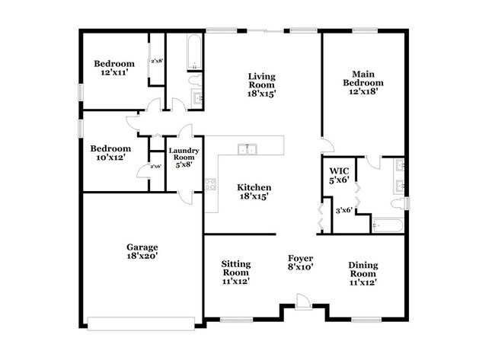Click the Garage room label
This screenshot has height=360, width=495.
[x=142, y=252]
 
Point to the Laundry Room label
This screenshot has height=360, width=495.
[x=184, y=156]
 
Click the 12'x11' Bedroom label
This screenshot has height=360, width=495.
[x=114, y=69]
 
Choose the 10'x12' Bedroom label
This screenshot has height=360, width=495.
[x=110, y=154]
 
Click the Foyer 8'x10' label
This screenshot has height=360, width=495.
[x=301, y=263]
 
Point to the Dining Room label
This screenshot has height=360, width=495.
[x=362, y=273]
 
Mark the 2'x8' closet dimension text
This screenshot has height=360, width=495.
[x=158, y=61]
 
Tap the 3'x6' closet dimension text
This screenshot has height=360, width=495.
[x=344, y=210]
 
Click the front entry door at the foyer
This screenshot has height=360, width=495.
[x=303, y=305]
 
